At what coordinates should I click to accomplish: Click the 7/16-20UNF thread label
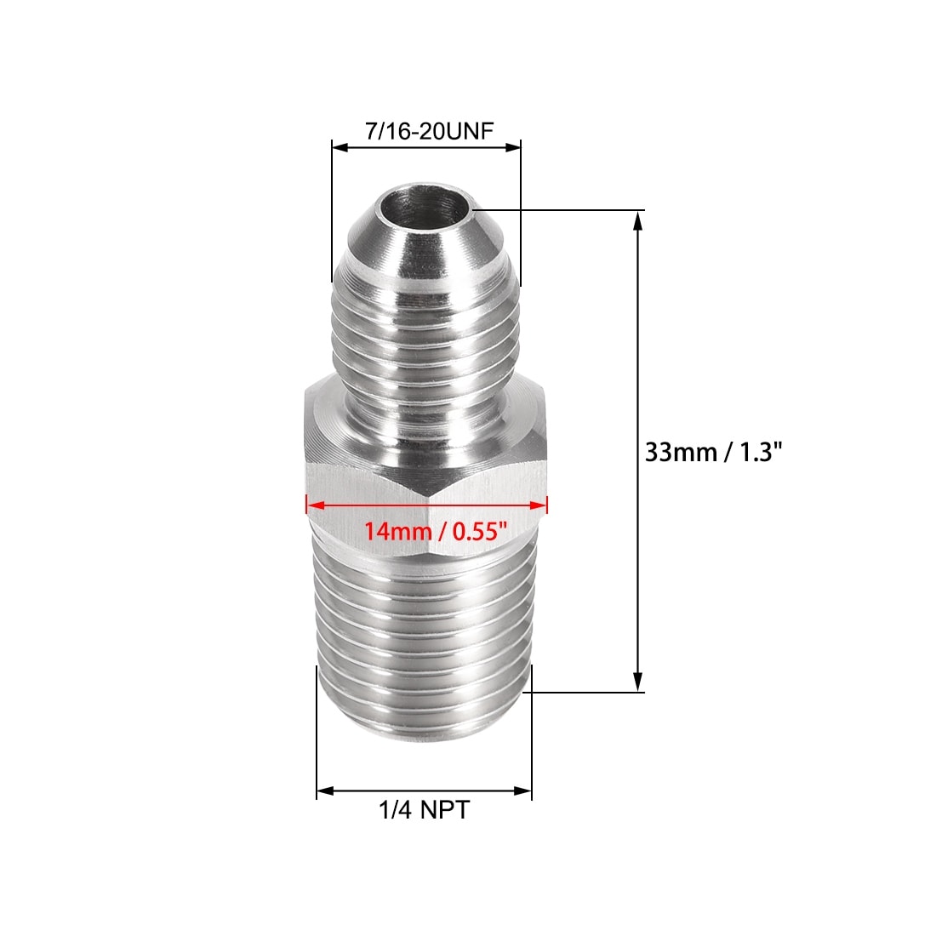(x=430, y=131)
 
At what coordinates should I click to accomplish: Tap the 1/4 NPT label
(x=425, y=810)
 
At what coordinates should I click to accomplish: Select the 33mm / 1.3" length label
(x=713, y=452)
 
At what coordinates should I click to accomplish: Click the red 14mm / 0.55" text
(x=436, y=530)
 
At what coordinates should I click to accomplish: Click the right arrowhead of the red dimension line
(x=539, y=505)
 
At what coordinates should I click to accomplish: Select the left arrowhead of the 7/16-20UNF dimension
(x=340, y=146)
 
